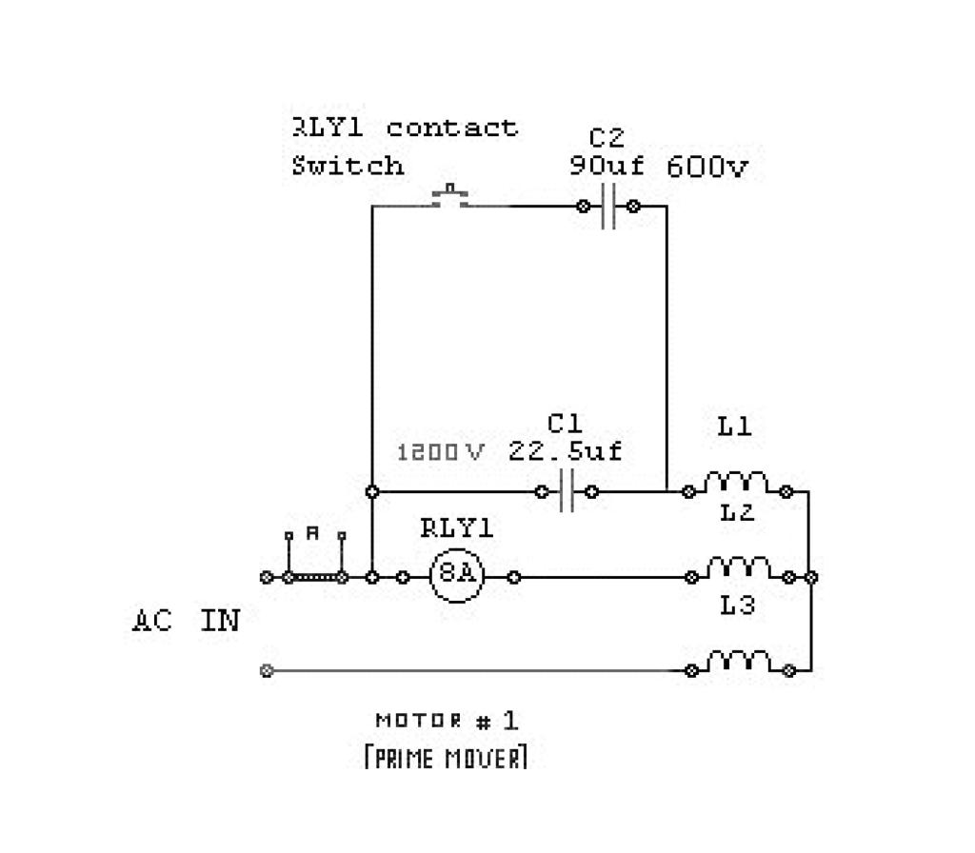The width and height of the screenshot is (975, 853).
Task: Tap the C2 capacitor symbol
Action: (608, 206)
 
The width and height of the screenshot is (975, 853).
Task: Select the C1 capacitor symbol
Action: (567, 491)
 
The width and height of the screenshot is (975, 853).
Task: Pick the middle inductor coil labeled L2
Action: (739, 569)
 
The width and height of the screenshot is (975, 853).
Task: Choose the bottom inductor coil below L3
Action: (739, 663)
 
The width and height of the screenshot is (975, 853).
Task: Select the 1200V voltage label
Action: (440, 452)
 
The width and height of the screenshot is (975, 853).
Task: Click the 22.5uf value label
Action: (566, 450)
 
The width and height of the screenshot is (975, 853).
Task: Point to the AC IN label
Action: (186, 621)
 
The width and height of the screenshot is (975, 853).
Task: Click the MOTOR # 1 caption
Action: (447, 720)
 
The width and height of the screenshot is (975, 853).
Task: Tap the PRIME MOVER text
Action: (446, 758)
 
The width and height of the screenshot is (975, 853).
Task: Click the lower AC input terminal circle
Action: (267, 670)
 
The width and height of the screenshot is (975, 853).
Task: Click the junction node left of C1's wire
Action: (373, 491)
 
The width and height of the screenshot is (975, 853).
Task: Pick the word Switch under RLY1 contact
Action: (348, 166)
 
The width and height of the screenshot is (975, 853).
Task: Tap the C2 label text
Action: (607, 139)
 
